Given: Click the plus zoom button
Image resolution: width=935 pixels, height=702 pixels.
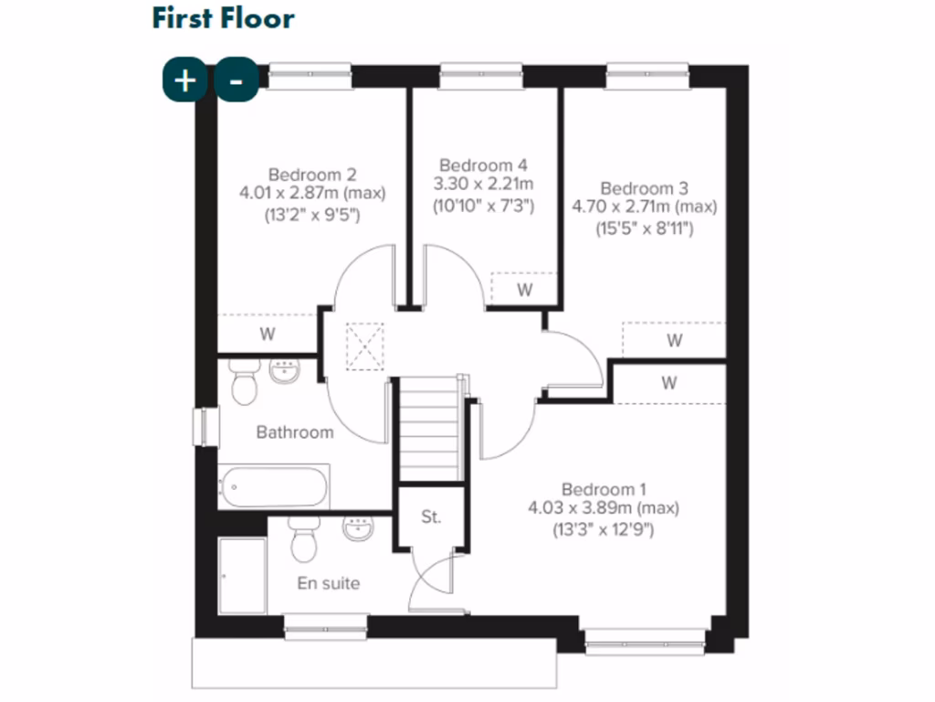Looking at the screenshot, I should tap(184, 80).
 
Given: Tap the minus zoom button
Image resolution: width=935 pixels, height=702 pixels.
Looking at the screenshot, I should tap(236, 80).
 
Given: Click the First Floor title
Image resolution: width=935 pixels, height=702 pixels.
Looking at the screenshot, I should tap(223, 18).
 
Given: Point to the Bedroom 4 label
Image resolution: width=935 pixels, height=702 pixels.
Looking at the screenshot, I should tap(483, 165).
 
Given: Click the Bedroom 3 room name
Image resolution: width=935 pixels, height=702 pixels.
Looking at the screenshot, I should tap(644, 188).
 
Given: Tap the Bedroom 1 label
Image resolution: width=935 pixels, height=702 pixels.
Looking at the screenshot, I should tap(604, 489).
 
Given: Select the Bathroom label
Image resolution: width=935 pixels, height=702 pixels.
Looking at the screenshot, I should tap(294, 432).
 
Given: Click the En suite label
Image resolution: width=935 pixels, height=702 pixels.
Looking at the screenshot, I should tap(329, 583).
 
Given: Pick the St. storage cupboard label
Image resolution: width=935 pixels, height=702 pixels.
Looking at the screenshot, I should tap(431, 517).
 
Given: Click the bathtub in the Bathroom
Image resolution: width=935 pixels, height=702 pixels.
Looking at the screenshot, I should tap(273, 487).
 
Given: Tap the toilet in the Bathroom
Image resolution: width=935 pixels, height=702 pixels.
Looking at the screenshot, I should tap(244, 382).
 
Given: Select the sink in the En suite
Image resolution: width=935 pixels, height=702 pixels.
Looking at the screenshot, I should tap(358, 528).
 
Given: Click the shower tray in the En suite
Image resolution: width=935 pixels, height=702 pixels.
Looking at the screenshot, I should tap(243, 575).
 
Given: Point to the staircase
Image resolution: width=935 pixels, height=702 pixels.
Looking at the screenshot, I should tap(428, 428).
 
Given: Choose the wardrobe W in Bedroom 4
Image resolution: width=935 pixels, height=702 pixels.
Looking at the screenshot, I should tap(524, 290).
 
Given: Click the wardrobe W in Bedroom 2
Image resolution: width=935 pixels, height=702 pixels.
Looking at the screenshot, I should tap(267, 334).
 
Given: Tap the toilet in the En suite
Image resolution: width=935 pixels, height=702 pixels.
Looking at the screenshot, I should tap(302, 540).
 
